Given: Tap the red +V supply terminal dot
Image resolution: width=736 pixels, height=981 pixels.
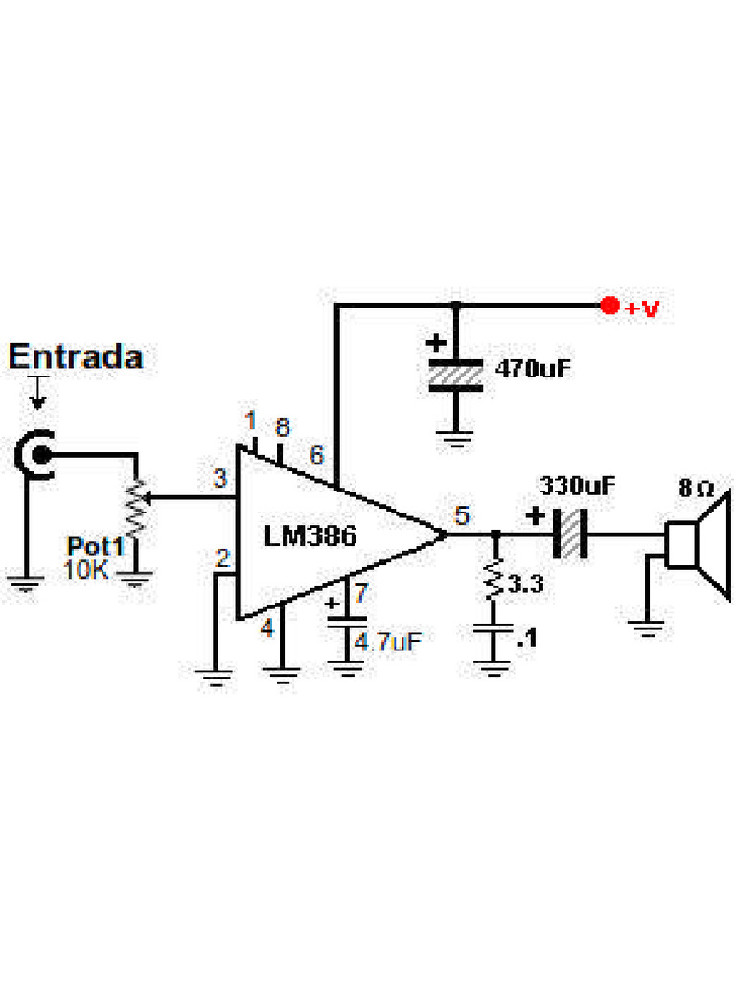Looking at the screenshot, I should click(x=608, y=307).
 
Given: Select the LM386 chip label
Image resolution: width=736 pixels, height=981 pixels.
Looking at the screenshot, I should click(x=310, y=536).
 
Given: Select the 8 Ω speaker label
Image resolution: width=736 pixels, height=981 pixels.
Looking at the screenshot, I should click(x=696, y=488).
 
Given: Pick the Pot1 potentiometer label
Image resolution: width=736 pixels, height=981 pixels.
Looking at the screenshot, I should click(x=96, y=546).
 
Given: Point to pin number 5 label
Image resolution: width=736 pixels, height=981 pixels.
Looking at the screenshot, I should click(x=462, y=515).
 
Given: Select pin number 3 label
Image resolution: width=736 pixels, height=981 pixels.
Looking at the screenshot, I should click(x=219, y=478).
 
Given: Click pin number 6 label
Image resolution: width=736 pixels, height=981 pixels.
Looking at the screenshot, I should click(x=316, y=454).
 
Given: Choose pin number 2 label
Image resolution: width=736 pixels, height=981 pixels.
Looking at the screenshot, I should click(x=222, y=559).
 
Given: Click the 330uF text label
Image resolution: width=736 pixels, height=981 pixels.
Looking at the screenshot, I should click(x=578, y=485).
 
